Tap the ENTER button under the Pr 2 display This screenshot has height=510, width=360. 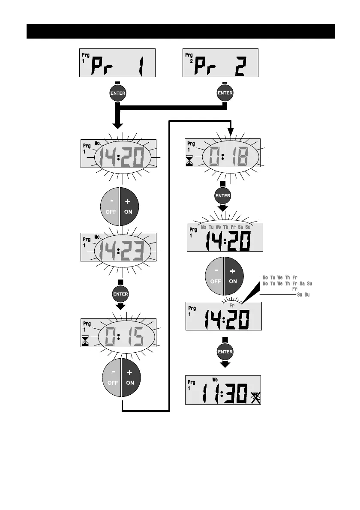[225, 93]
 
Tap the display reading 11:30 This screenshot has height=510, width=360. [223, 390]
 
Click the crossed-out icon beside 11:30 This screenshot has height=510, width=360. [255, 397]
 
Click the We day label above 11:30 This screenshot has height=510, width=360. [215, 379]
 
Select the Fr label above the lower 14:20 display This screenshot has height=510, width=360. [232, 306]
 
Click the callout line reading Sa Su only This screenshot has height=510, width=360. [303, 295]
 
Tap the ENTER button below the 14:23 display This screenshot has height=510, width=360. [120, 294]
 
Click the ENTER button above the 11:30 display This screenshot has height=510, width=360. [225, 351]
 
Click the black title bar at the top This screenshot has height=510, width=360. [180, 31]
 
